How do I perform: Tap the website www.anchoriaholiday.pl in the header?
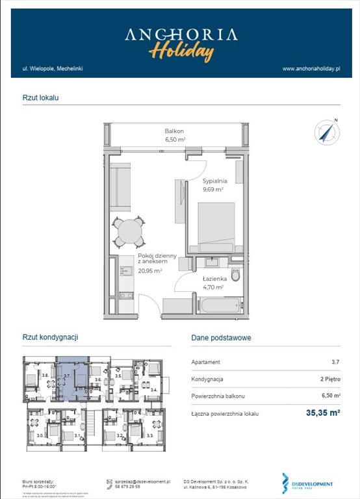pos(311,68)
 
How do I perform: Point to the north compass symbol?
pos(327,132)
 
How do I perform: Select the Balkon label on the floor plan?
pos(174,131)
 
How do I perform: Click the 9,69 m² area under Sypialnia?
pos(212,190)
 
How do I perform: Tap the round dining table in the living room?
pos(130,232)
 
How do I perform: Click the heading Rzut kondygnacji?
pos(51,338)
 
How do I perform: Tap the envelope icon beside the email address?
pos(109,482)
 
